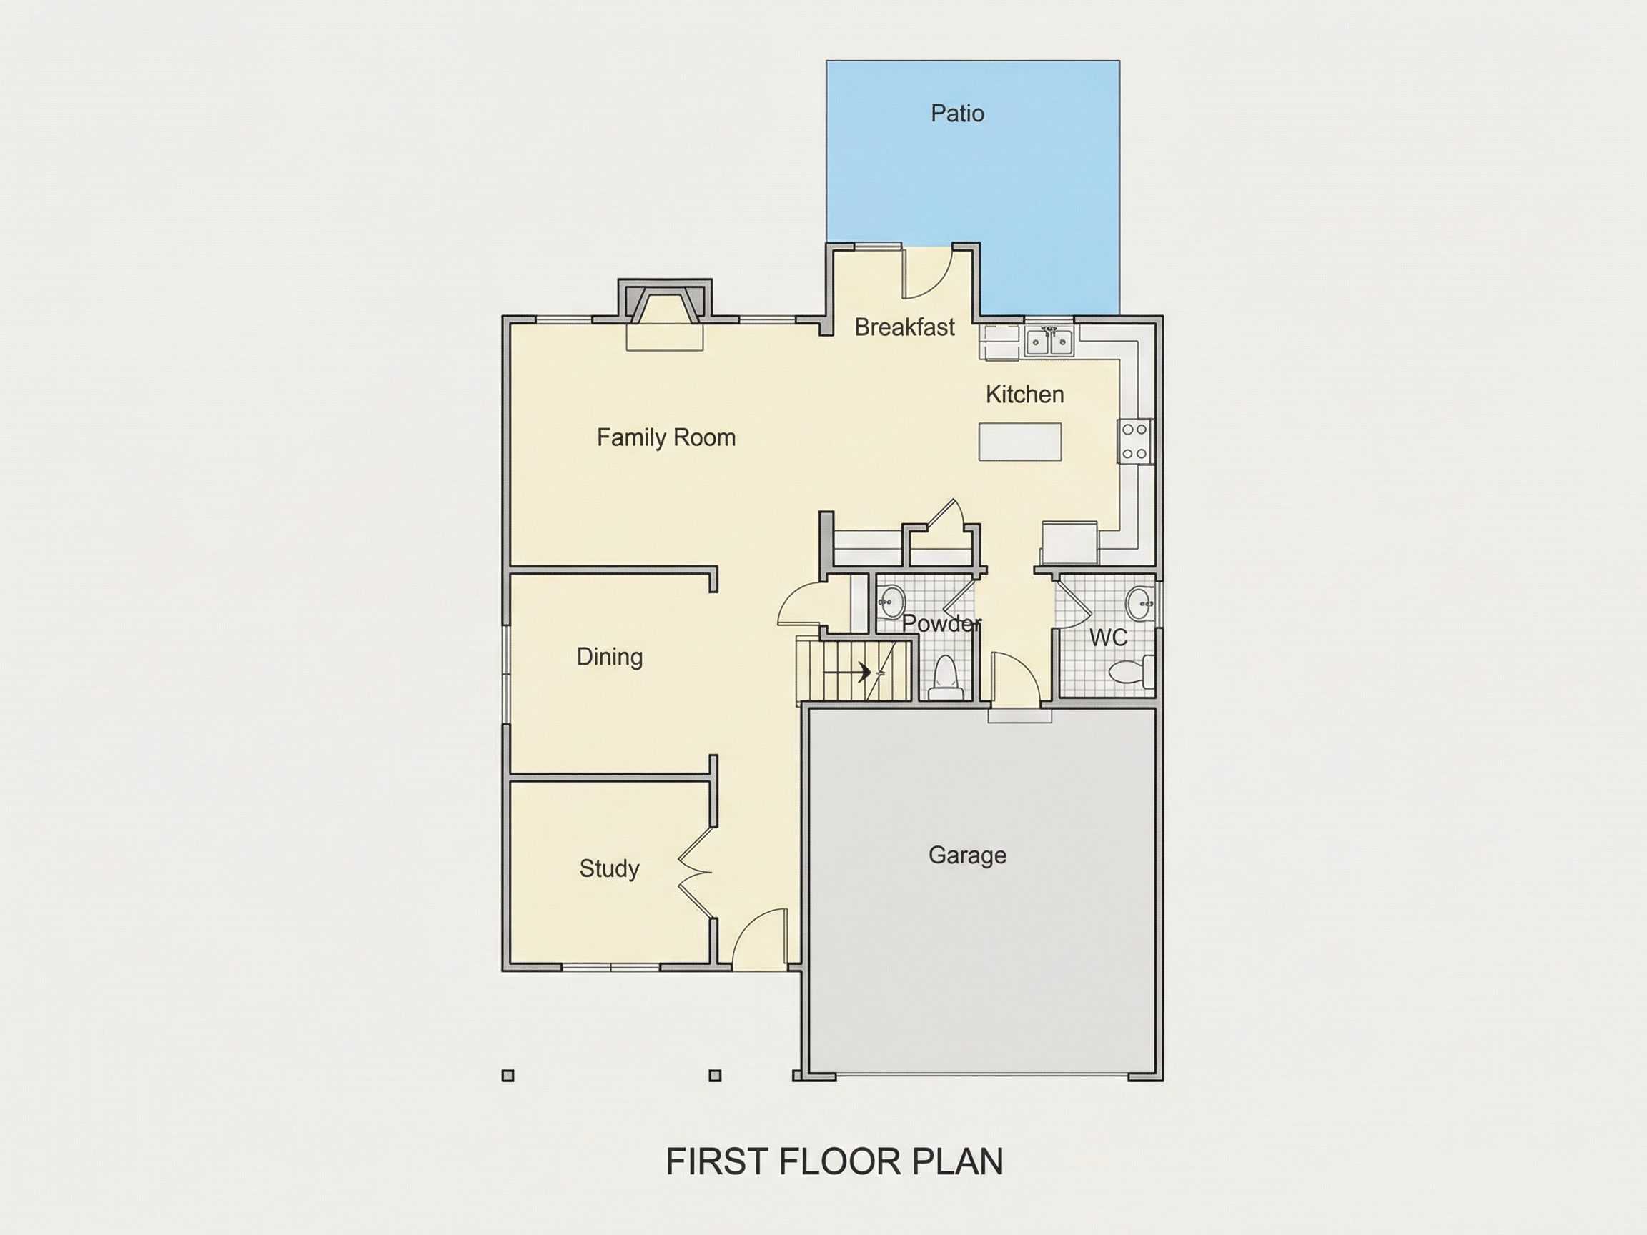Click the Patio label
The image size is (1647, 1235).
pos(957,113)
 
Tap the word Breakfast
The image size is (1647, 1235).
pos(905,327)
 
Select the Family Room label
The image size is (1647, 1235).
pos(666,437)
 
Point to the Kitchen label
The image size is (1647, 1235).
pos(1024,394)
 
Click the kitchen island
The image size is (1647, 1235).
pos(1020,442)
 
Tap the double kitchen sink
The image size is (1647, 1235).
pos(1049,342)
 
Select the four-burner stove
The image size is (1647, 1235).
pos(1135,442)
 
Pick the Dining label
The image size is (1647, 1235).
pos(610,657)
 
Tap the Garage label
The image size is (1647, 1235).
pos(967,855)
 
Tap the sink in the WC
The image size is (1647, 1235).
pos(1139,603)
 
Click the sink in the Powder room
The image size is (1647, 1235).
pos(891,602)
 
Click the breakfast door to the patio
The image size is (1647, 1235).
pos(928,272)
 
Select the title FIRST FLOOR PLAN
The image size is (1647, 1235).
pos(835,1161)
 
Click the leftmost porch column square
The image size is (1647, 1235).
pos(508,1075)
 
